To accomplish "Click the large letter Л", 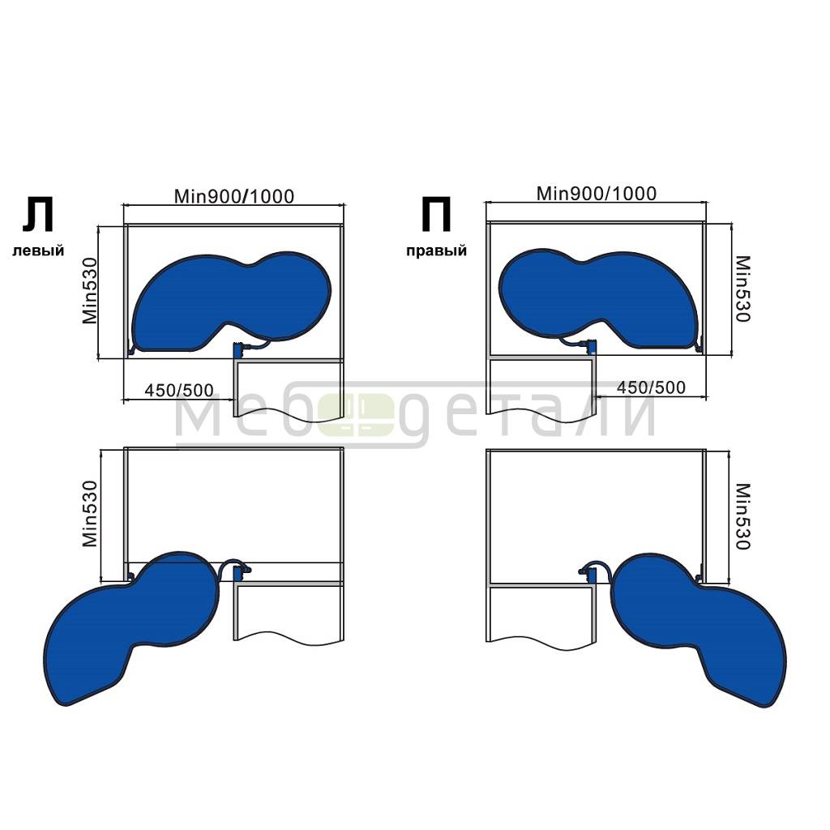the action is click(37, 215).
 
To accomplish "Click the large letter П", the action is click(436, 214).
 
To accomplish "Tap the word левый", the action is click(38, 250).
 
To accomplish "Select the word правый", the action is click(437, 250).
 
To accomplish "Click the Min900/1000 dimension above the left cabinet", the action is click(234, 196).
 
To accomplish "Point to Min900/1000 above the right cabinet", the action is click(597, 194).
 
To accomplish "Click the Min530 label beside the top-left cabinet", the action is click(91, 291).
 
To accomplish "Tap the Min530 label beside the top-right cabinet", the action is click(742, 289).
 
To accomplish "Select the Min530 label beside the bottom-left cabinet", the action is click(91, 513).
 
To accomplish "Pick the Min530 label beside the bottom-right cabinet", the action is click(742, 516).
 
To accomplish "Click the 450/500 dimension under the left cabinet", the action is click(179, 390).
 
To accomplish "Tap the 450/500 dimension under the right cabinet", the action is click(651, 387).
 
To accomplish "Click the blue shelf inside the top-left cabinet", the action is click(231, 302).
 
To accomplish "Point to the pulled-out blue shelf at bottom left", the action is click(130, 628).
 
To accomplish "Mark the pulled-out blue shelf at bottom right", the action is click(699, 630).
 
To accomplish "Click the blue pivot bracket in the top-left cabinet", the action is click(237, 350).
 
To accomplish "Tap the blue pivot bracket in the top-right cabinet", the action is click(591, 347).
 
